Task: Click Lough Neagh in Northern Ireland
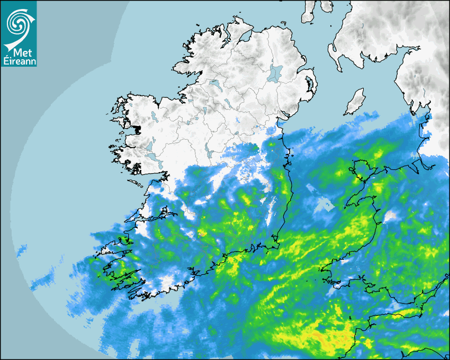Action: tap(275, 73)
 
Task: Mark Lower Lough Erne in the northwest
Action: tap(214, 84)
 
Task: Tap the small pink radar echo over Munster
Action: tap(201, 232)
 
